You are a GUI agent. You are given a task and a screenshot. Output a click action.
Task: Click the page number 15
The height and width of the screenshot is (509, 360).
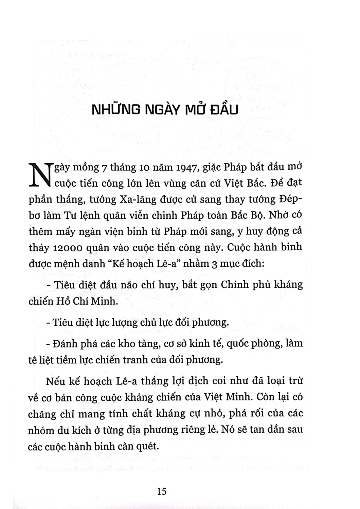162,491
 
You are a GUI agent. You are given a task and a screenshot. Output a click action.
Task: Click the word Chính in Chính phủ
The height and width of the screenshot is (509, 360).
235,285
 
